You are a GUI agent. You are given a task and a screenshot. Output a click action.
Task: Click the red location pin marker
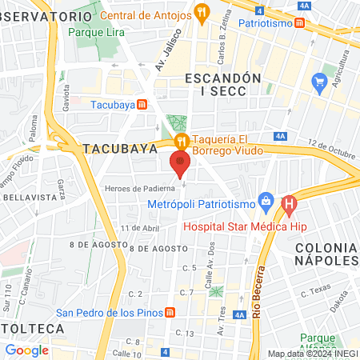point(180,163)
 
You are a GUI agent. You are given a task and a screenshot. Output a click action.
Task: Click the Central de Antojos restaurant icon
point(202,14)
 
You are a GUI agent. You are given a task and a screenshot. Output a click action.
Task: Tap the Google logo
point(26,350)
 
